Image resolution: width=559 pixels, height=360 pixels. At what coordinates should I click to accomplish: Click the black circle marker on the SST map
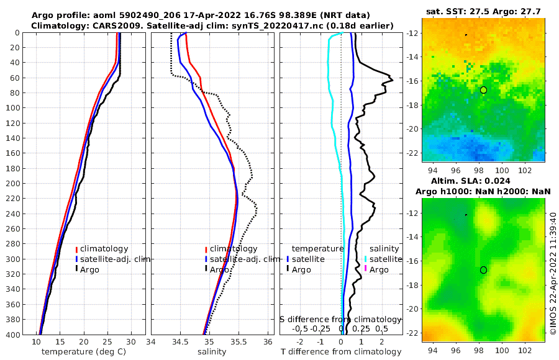tap(483, 90)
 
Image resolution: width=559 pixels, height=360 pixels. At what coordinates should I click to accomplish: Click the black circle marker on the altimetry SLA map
tap(483, 270)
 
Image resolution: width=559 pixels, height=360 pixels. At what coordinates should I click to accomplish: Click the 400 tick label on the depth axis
tap(14, 335)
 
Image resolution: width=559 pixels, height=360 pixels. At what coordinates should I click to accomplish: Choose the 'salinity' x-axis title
tap(211, 352)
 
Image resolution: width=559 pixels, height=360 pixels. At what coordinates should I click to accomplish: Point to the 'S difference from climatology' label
tap(340, 319)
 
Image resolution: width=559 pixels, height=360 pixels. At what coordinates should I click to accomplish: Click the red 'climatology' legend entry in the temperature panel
tap(102, 249)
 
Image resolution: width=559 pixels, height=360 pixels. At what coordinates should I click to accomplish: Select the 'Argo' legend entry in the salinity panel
tap(219, 269)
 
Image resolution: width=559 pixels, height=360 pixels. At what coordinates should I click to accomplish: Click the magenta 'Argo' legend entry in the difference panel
tap(378, 269)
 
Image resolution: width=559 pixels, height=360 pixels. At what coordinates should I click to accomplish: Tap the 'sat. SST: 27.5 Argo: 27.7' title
tap(483, 11)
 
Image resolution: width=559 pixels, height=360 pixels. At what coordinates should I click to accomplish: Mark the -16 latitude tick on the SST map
tap(412, 81)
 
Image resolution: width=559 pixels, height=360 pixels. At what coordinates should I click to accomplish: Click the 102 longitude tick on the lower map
tap(522, 351)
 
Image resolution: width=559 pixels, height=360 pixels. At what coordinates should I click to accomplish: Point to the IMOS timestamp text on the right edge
tap(553, 273)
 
